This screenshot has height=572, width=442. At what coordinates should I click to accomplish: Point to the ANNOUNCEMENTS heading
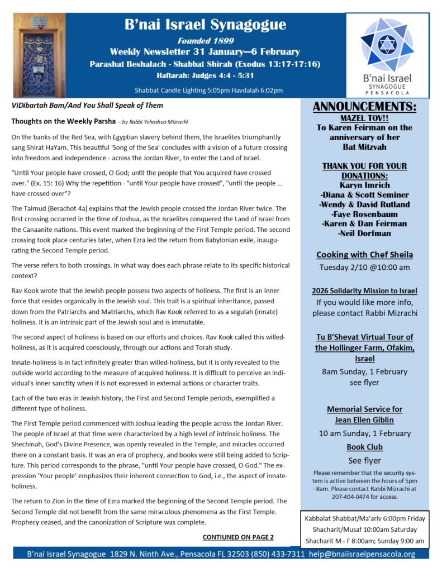point(365,107)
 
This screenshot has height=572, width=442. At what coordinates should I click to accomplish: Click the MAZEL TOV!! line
point(365,118)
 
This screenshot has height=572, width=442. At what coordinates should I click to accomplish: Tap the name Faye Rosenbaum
point(365,213)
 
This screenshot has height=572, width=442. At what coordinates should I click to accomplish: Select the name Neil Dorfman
point(365,233)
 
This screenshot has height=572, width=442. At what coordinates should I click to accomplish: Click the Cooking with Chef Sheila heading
point(365,255)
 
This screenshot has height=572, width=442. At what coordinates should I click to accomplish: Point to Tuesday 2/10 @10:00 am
point(365,267)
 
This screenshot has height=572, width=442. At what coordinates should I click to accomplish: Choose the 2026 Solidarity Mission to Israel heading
point(365,291)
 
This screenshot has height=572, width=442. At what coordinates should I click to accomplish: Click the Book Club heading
point(365,447)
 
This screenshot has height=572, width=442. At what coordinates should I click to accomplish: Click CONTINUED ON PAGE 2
point(238,537)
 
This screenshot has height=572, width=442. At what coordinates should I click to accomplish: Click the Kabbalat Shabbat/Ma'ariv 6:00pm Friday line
point(365,518)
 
